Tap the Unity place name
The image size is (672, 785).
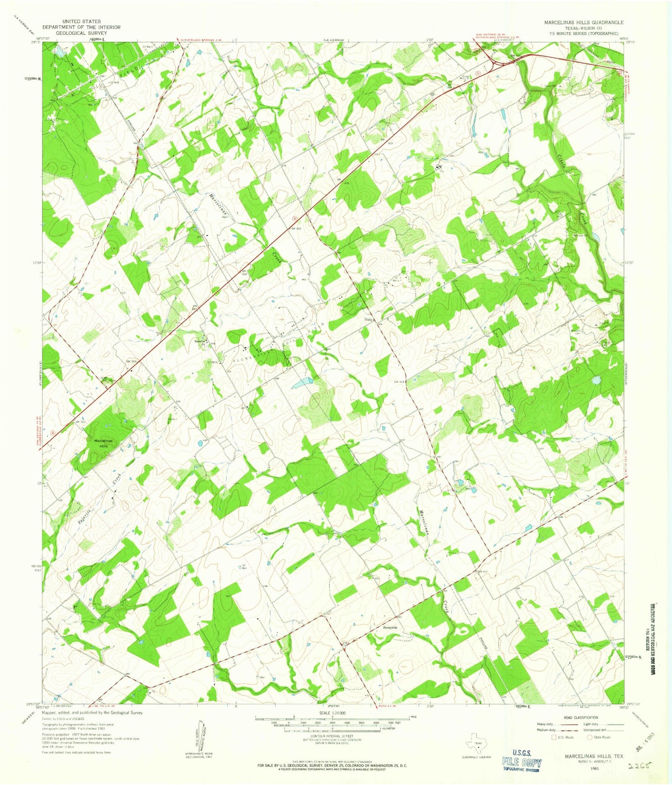tap(368, 320)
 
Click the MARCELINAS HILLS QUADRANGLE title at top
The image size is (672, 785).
tap(584, 22)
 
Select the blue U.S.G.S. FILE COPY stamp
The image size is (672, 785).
tap(521, 763)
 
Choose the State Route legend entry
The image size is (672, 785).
tap(600, 737)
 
